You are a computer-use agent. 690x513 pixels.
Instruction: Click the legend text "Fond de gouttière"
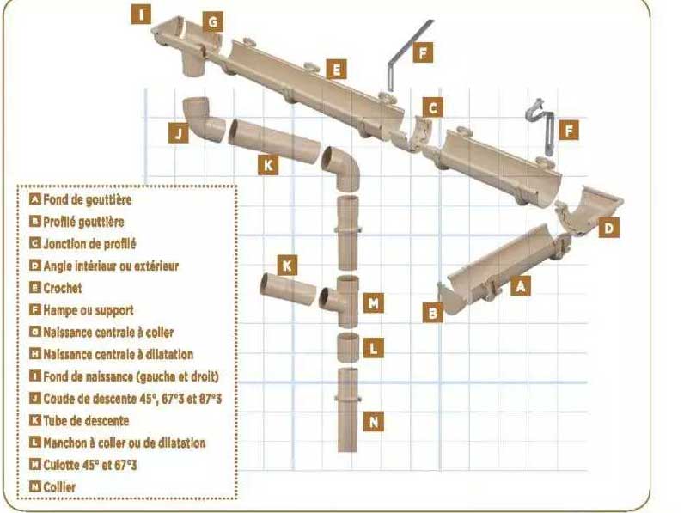point(87,199)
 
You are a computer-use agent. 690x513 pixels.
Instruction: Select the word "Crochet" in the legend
point(63,288)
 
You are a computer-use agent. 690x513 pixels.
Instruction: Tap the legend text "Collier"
point(59,487)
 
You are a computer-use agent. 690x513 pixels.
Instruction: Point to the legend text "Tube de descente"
point(86,421)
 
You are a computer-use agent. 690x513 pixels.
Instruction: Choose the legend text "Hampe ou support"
point(89,310)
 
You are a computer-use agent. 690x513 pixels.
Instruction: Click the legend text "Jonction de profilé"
point(89,244)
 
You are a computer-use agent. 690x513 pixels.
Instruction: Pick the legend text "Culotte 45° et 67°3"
point(90,465)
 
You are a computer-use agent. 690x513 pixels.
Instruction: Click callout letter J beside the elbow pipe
point(178,132)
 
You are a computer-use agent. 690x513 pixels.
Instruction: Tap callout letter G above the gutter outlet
point(213,22)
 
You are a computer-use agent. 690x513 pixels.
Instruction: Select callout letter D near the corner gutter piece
point(609,228)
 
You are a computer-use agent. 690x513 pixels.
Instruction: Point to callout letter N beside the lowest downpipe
point(374,422)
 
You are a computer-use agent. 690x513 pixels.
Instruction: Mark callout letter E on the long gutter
point(336,70)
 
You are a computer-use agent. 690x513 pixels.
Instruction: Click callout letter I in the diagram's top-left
point(141,14)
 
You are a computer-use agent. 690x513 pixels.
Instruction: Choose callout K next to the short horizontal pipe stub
point(287,266)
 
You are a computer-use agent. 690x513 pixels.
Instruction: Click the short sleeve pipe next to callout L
point(348,347)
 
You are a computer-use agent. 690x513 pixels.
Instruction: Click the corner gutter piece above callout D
point(588,211)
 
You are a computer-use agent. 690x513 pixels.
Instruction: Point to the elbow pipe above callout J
point(204,119)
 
